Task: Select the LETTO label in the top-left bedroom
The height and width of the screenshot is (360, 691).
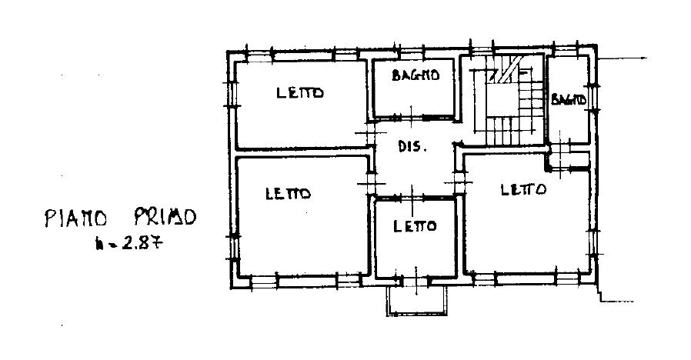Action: pyautogui.click(x=300, y=93)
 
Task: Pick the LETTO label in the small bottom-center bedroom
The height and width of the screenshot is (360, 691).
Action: pyautogui.click(x=415, y=226)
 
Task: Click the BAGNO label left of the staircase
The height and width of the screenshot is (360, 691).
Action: pyautogui.click(x=415, y=75)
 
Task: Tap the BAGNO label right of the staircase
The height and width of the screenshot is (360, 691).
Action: pyautogui.click(x=569, y=99)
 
